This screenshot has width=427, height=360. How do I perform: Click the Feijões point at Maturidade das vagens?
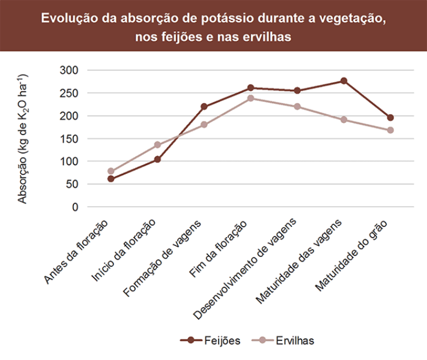tap(344, 81)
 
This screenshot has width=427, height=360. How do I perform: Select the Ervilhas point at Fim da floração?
tap(250, 98)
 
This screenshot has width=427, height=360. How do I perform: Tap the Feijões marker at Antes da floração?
tap(111, 179)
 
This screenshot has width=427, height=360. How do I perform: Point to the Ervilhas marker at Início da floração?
tap(157, 145)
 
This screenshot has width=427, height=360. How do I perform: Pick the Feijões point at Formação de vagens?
tap(204, 107)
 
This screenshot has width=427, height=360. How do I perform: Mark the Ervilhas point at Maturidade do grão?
tap(390, 130)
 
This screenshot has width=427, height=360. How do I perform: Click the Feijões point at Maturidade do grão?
tap(390, 118)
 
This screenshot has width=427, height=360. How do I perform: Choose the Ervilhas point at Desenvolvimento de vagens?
tap(297, 107)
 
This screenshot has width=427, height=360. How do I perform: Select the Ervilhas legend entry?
tap(285, 340)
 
